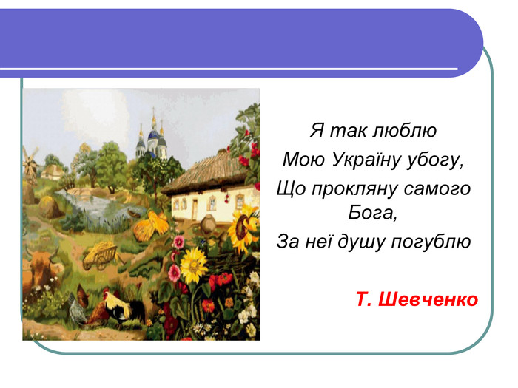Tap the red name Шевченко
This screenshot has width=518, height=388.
[x=428, y=299]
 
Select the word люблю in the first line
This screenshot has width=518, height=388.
[x=404, y=130]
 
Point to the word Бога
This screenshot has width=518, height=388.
[x=372, y=213]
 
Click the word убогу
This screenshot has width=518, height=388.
[x=435, y=160]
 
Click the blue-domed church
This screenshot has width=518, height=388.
[x=152, y=140]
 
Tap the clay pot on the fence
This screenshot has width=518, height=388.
[x=208, y=223]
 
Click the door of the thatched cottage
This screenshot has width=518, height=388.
[x=195, y=209]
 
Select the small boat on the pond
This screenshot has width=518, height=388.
[x=134, y=214]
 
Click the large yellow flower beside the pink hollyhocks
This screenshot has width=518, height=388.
[x=194, y=265]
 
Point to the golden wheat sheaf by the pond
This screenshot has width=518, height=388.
[x=151, y=225]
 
